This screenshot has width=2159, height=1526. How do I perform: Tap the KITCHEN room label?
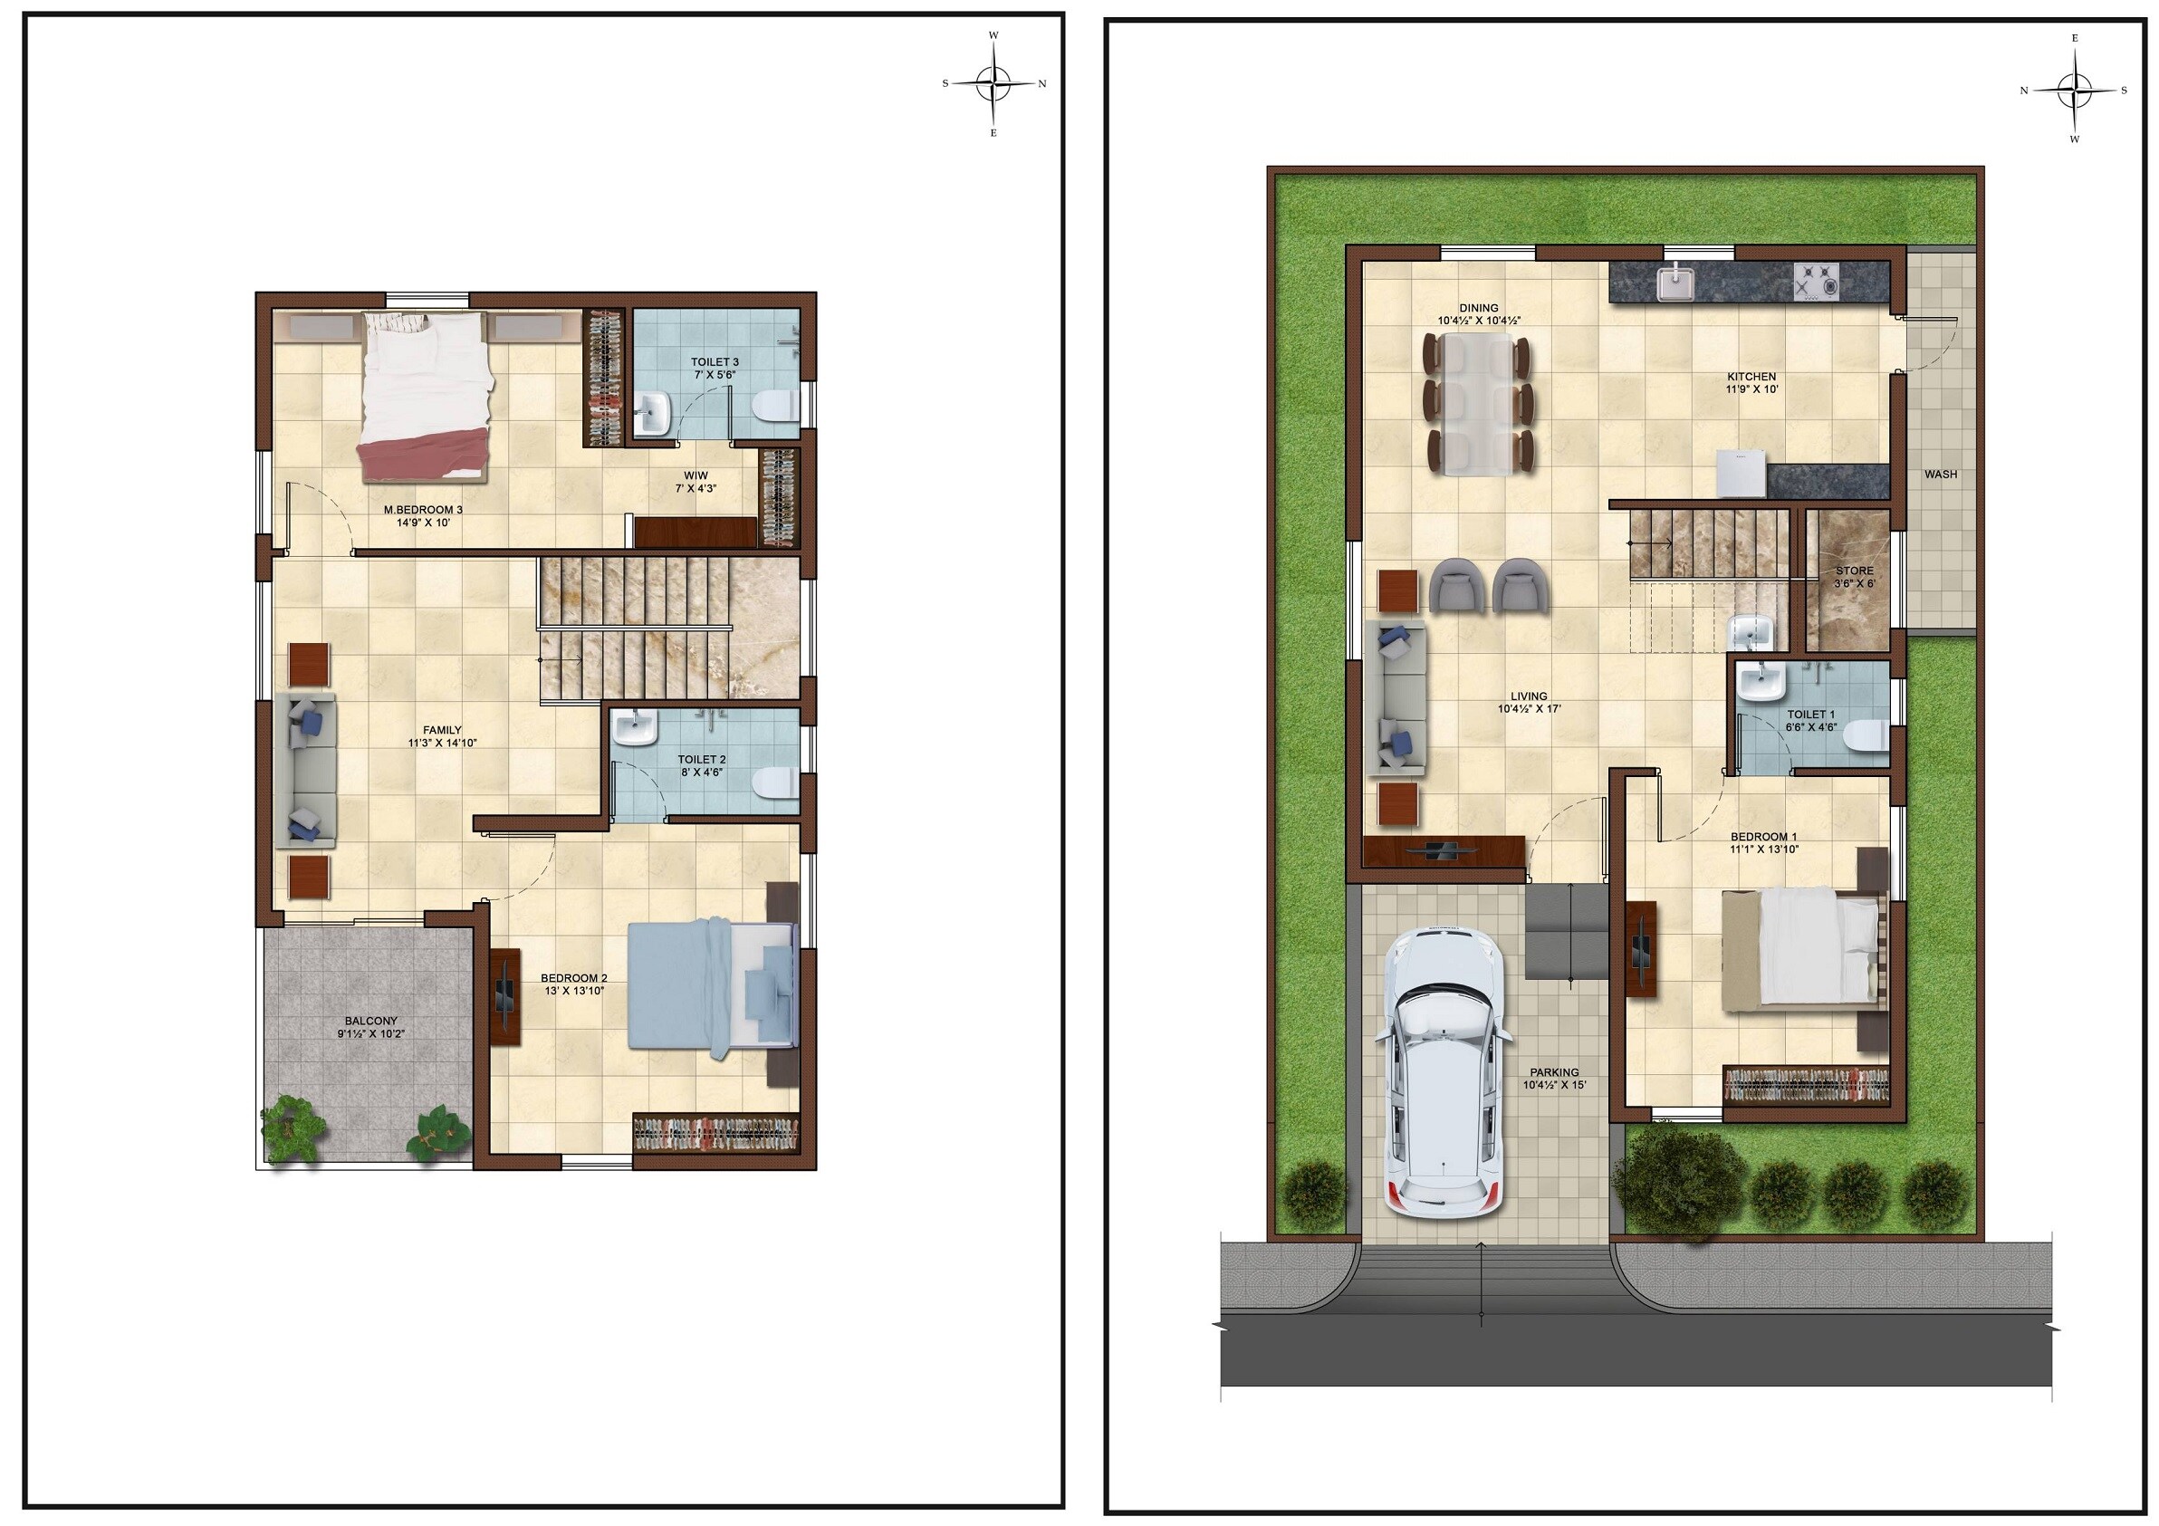(x=1751, y=377)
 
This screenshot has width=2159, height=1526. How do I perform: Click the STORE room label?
(x=1855, y=571)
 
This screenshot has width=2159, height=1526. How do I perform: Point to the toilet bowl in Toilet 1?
(x=1866, y=736)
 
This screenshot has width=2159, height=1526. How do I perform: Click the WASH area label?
(x=1940, y=475)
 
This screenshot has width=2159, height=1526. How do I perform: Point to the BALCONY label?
(x=370, y=1020)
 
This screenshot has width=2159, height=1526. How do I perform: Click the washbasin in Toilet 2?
(x=634, y=729)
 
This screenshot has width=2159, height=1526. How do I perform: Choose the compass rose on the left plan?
(x=994, y=83)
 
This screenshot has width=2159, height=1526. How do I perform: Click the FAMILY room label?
(x=442, y=730)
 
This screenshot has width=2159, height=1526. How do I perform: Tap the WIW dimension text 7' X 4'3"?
(x=695, y=488)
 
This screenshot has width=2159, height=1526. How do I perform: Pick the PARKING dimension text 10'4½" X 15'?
(x=1553, y=1085)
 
